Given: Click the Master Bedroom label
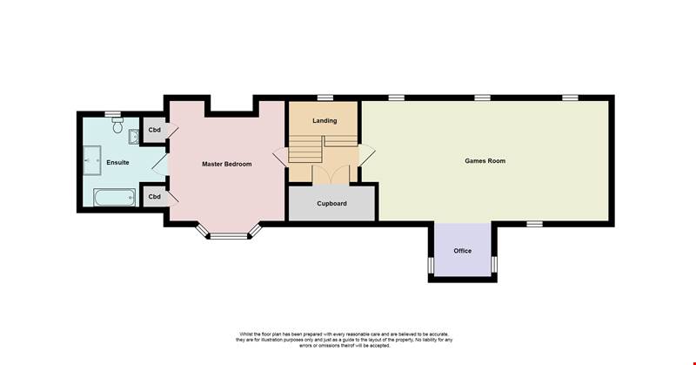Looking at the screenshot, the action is pyautogui.click(x=227, y=164).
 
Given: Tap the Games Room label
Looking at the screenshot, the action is pyautogui.click(x=485, y=161).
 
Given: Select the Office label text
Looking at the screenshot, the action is pyautogui.click(x=463, y=251).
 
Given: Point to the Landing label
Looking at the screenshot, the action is pyautogui.click(x=325, y=120).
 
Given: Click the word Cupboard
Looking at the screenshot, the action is pyautogui.click(x=332, y=204).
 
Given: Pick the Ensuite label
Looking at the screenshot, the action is pyautogui.click(x=117, y=163).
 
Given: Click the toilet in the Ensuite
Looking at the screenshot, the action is pyautogui.click(x=117, y=125).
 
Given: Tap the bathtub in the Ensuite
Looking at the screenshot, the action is pyautogui.click(x=115, y=198).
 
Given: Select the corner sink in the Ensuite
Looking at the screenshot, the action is pyautogui.click(x=134, y=137).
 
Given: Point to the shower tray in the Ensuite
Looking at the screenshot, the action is pyautogui.click(x=92, y=160).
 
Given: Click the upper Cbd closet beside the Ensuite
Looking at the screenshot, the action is pyautogui.click(x=154, y=131).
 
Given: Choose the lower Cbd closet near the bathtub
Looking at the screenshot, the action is pyautogui.click(x=154, y=197).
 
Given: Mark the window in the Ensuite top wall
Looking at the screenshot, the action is pyautogui.click(x=113, y=114).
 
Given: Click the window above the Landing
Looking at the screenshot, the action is pyautogui.click(x=325, y=98).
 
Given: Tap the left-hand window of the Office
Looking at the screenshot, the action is pyautogui.click(x=431, y=265).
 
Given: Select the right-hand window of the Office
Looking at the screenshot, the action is pyautogui.click(x=493, y=264).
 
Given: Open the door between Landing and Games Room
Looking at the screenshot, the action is pyautogui.click(x=367, y=155).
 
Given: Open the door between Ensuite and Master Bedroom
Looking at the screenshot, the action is pyautogui.click(x=160, y=164).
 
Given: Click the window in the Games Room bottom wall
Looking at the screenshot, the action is pyautogui.click(x=535, y=224).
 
